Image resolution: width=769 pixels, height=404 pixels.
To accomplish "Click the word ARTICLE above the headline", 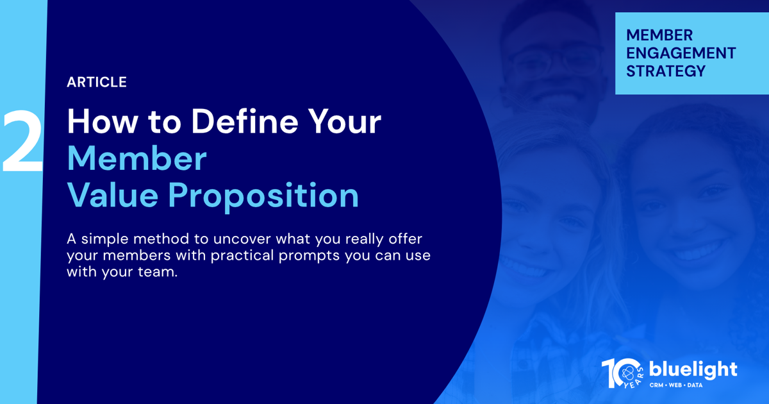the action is click(97, 82).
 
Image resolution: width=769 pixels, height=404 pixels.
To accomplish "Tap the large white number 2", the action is click(22, 141).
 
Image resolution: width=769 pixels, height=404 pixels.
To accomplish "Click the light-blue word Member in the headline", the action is click(136, 158).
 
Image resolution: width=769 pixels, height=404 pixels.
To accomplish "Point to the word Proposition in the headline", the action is click(263, 196).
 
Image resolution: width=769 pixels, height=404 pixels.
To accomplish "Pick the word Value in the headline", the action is click(113, 195).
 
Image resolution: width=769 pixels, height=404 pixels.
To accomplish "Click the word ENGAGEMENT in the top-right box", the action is click(681, 53).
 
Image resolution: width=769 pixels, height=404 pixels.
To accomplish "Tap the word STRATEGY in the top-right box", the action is click(666, 71).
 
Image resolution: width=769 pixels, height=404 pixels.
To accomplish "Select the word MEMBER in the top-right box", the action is click(659, 35).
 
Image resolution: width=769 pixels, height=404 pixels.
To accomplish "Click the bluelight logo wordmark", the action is click(693, 371).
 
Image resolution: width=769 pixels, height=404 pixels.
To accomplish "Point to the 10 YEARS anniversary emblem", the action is click(622, 373).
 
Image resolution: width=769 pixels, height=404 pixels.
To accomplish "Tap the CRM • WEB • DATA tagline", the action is click(676, 385).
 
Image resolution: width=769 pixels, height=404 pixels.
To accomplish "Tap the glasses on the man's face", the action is click(556, 60).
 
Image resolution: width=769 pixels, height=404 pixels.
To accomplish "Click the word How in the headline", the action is click(103, 122).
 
